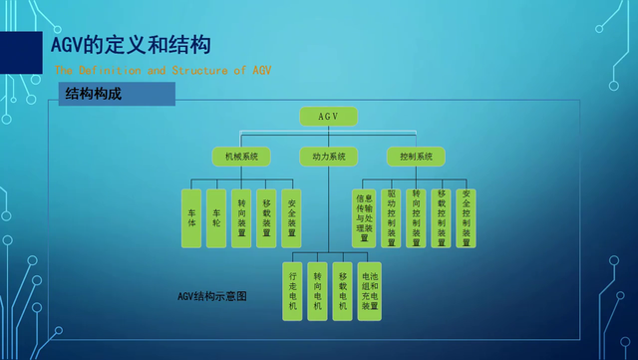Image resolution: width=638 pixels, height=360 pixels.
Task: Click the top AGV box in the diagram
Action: (328, 117)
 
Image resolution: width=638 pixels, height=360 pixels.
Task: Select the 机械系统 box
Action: (241, 157)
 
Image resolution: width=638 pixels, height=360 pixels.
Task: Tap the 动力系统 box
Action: (328, 157)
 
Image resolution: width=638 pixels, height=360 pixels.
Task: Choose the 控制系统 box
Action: (416, 157)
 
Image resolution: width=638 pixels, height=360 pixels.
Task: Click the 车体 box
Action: (192, 218)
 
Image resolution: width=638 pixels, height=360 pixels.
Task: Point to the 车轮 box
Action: (216, 218)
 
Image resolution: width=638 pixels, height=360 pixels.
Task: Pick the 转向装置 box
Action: (241, 218)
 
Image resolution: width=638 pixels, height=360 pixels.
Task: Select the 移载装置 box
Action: (266, 218)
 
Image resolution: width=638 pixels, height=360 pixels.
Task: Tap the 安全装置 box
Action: (290, 218)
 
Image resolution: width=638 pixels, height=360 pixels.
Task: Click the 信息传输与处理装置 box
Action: (364, 218)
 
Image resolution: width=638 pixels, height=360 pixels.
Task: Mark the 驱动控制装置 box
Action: (392, 218)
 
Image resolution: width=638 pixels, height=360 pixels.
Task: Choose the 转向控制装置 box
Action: (417, 218)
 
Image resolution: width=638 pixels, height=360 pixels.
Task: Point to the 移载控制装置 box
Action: (441, 218)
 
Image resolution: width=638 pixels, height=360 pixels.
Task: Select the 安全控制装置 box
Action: (466, 218)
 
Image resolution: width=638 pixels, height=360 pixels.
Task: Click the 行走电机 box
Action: (293, 290)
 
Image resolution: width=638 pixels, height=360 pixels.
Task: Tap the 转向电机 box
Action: (318, 290)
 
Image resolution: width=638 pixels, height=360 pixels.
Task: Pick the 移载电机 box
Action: (343, 290)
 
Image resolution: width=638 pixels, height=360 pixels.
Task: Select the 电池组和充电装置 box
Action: (369, 290)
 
